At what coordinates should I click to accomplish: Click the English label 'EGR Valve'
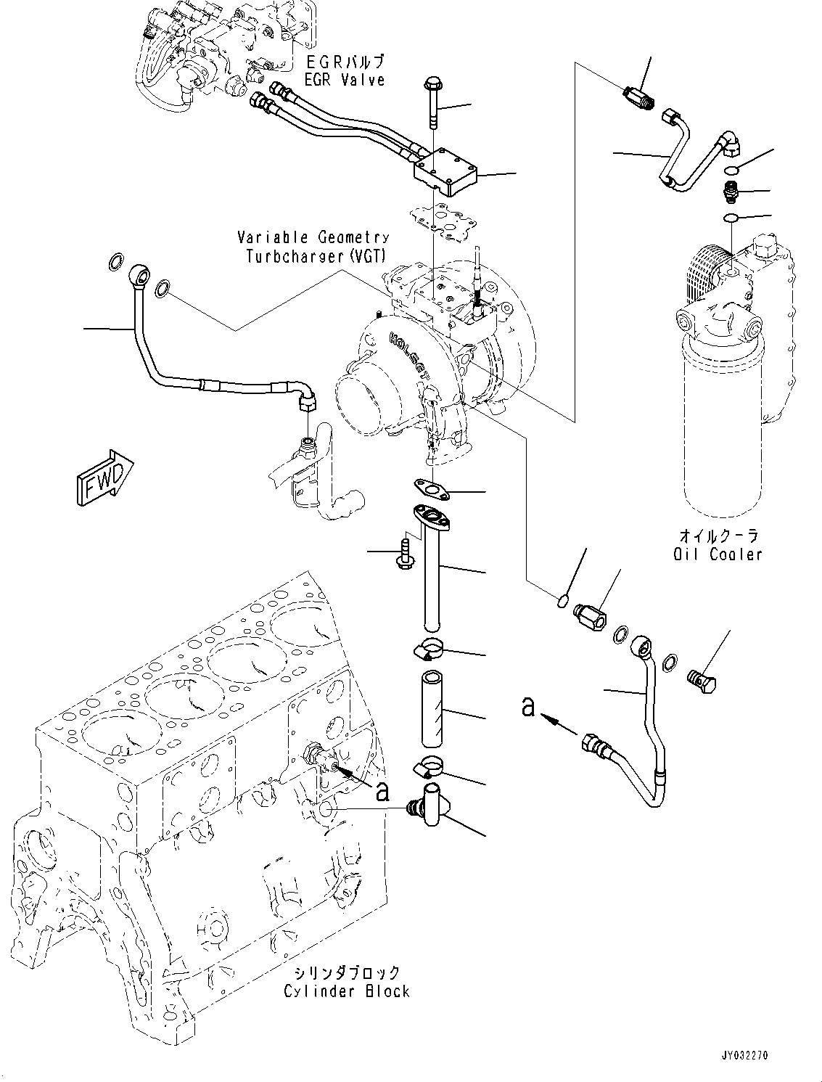345,80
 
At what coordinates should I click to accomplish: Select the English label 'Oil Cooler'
718,554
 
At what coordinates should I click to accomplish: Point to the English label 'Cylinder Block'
347,991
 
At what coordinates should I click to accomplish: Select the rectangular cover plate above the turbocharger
445,173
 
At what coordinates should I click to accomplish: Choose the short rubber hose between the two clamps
432,715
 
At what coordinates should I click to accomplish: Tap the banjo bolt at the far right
701,682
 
